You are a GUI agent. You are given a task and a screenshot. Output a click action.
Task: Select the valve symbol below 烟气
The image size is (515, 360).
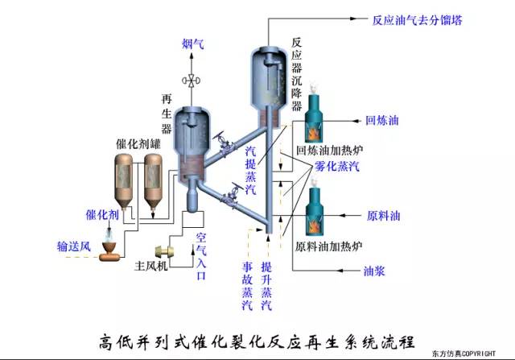[192, 81]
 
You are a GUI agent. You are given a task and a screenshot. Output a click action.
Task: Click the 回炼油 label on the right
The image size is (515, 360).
[382, 122]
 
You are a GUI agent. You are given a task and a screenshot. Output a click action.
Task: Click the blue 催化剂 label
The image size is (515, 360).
[103, 216]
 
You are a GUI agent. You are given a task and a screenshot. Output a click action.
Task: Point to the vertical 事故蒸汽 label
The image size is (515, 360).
[246, 285]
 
